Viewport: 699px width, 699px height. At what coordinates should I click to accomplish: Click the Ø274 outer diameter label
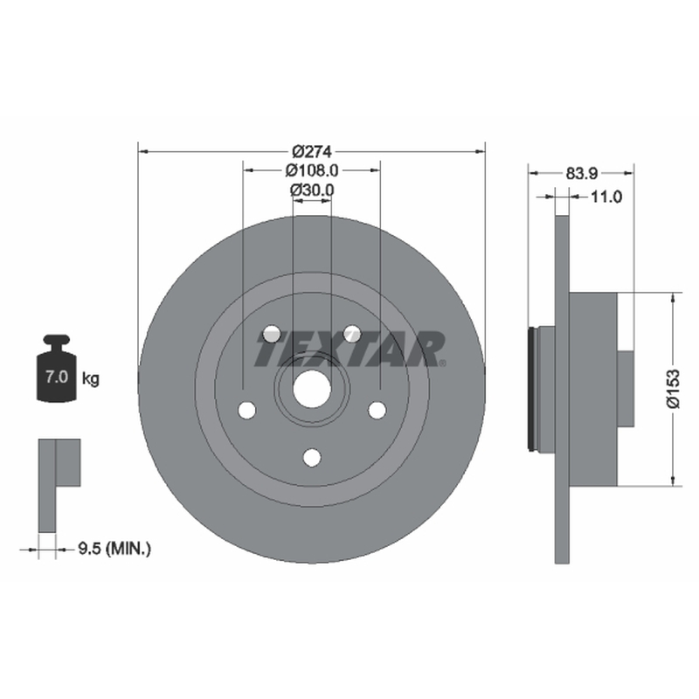312,151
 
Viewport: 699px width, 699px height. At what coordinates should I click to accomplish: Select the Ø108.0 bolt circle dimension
312,170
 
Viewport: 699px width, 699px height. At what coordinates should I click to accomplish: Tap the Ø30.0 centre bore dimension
312,190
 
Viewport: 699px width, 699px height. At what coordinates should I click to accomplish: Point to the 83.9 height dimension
581,173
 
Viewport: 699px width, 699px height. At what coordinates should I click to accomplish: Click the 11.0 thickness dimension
606,197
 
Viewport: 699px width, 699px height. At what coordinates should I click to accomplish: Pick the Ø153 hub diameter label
673,388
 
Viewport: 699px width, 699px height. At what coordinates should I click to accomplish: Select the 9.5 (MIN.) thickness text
114,549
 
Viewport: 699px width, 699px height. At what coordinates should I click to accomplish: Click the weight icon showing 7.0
56,368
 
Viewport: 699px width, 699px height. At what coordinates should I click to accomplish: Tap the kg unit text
91,379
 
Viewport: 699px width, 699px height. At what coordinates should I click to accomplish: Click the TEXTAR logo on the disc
350,349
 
